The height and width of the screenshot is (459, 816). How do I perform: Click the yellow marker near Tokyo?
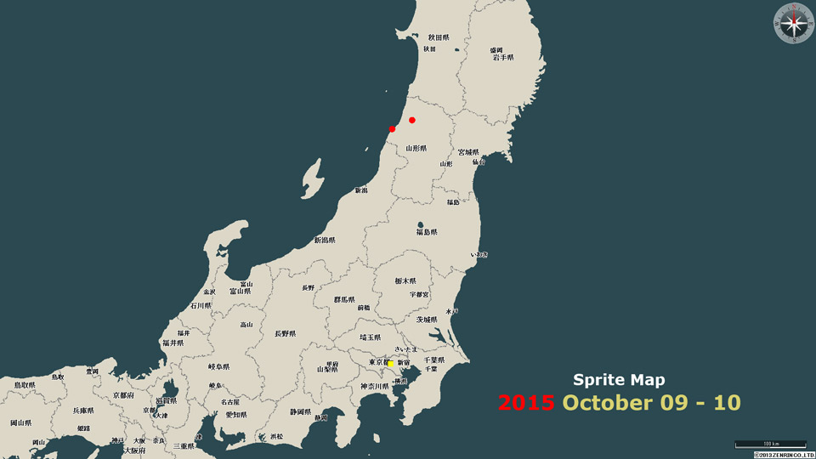click(391, 364)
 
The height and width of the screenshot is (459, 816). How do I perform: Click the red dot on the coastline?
click(392, 129)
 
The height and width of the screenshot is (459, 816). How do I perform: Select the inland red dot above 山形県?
click(412, 120)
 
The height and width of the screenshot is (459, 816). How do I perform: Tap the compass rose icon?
click(794, 23)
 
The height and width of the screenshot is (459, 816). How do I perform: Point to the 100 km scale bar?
click(770, 444)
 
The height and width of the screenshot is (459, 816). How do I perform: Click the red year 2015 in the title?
click(526, 401)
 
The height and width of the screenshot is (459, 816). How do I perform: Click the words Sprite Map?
click(619, 380)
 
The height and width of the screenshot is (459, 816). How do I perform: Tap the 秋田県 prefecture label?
click(439, 37)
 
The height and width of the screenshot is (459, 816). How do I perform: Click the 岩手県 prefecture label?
click(502, 58)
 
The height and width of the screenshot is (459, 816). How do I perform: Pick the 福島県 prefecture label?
click(427, 232)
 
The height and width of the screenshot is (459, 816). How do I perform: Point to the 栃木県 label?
click(405, 280)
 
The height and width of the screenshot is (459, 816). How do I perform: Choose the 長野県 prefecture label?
click(286, 334)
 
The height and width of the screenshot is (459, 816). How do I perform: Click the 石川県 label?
click(201, 305)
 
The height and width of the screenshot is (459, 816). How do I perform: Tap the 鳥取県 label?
click(23, 385)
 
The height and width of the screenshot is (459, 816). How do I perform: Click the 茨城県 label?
click(426, 320)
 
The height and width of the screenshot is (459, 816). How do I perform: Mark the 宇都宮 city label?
click(419, 294)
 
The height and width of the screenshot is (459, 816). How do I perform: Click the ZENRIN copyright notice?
click(784, 455)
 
